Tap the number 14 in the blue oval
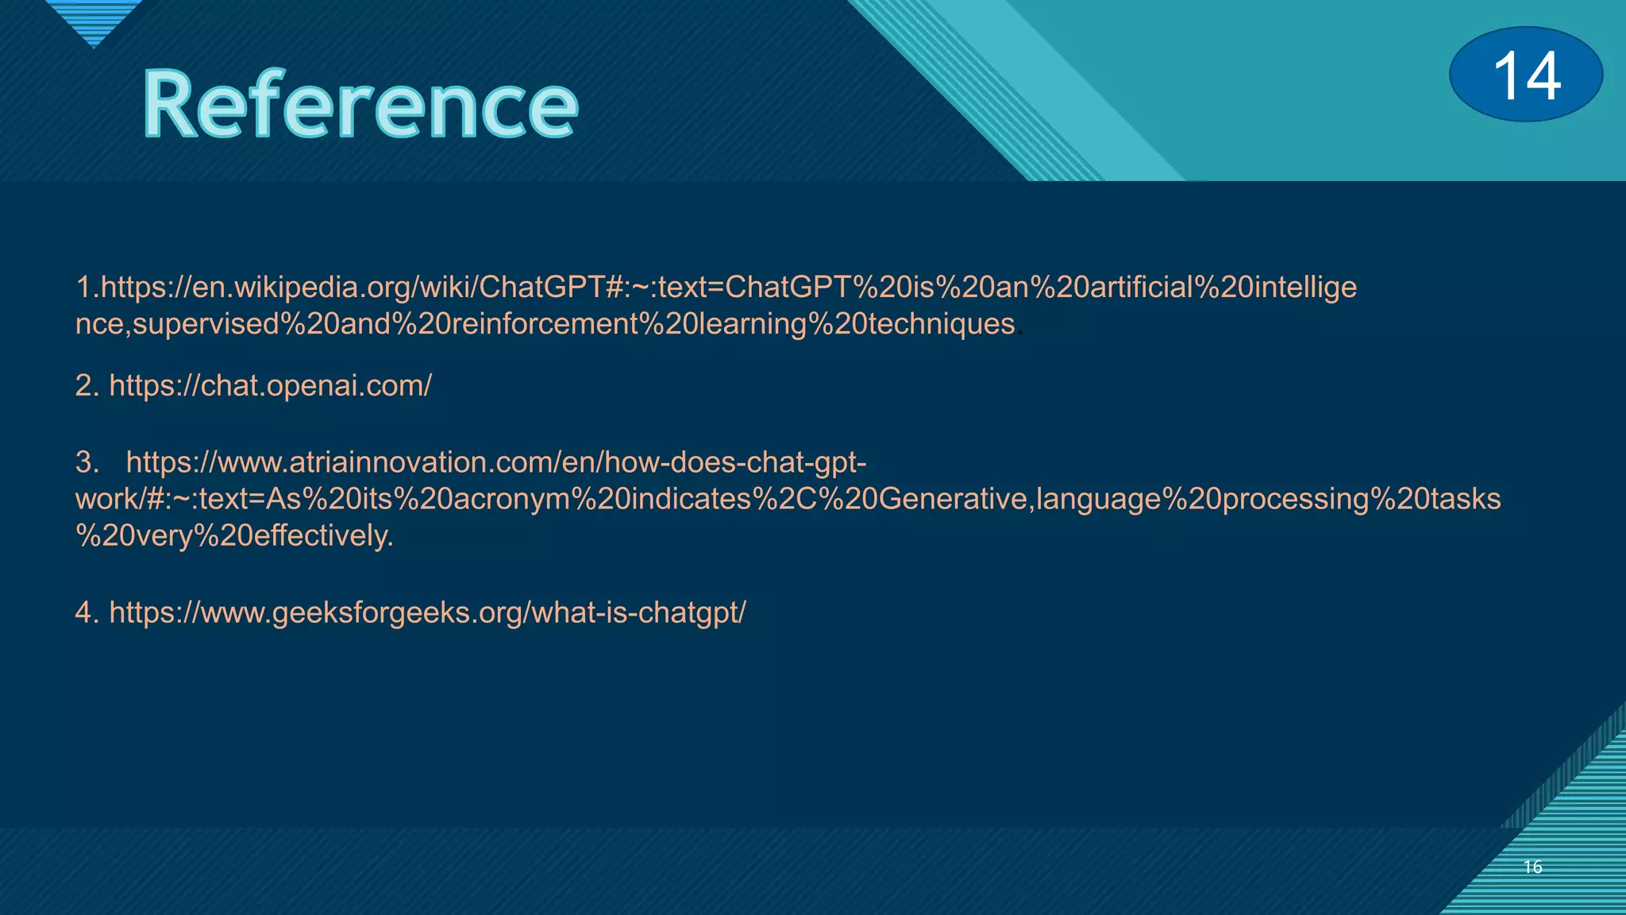[1526, 75]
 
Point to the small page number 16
[1532, 867]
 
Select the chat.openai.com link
[270, 386]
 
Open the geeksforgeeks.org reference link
[427, 613]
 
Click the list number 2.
[86, 386]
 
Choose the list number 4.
[86, 613]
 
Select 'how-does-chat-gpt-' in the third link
[735, 462]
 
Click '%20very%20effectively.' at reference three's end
[234, 536]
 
